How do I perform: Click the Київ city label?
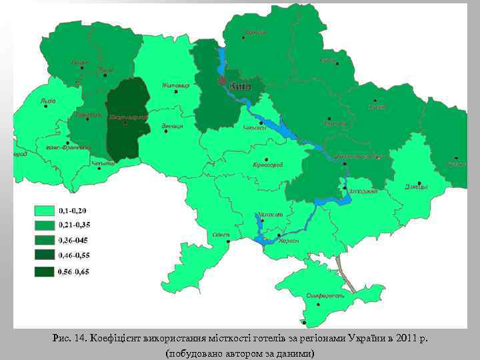pos(240,86)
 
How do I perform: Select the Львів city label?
pos(48,101)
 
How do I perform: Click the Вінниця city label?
pos(172,126)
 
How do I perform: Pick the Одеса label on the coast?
pos(222,235)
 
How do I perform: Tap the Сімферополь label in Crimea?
pos(325,295)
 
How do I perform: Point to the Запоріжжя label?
pos(364,191)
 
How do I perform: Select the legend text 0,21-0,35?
pos(76,225)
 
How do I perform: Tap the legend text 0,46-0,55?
pos(76,255)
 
